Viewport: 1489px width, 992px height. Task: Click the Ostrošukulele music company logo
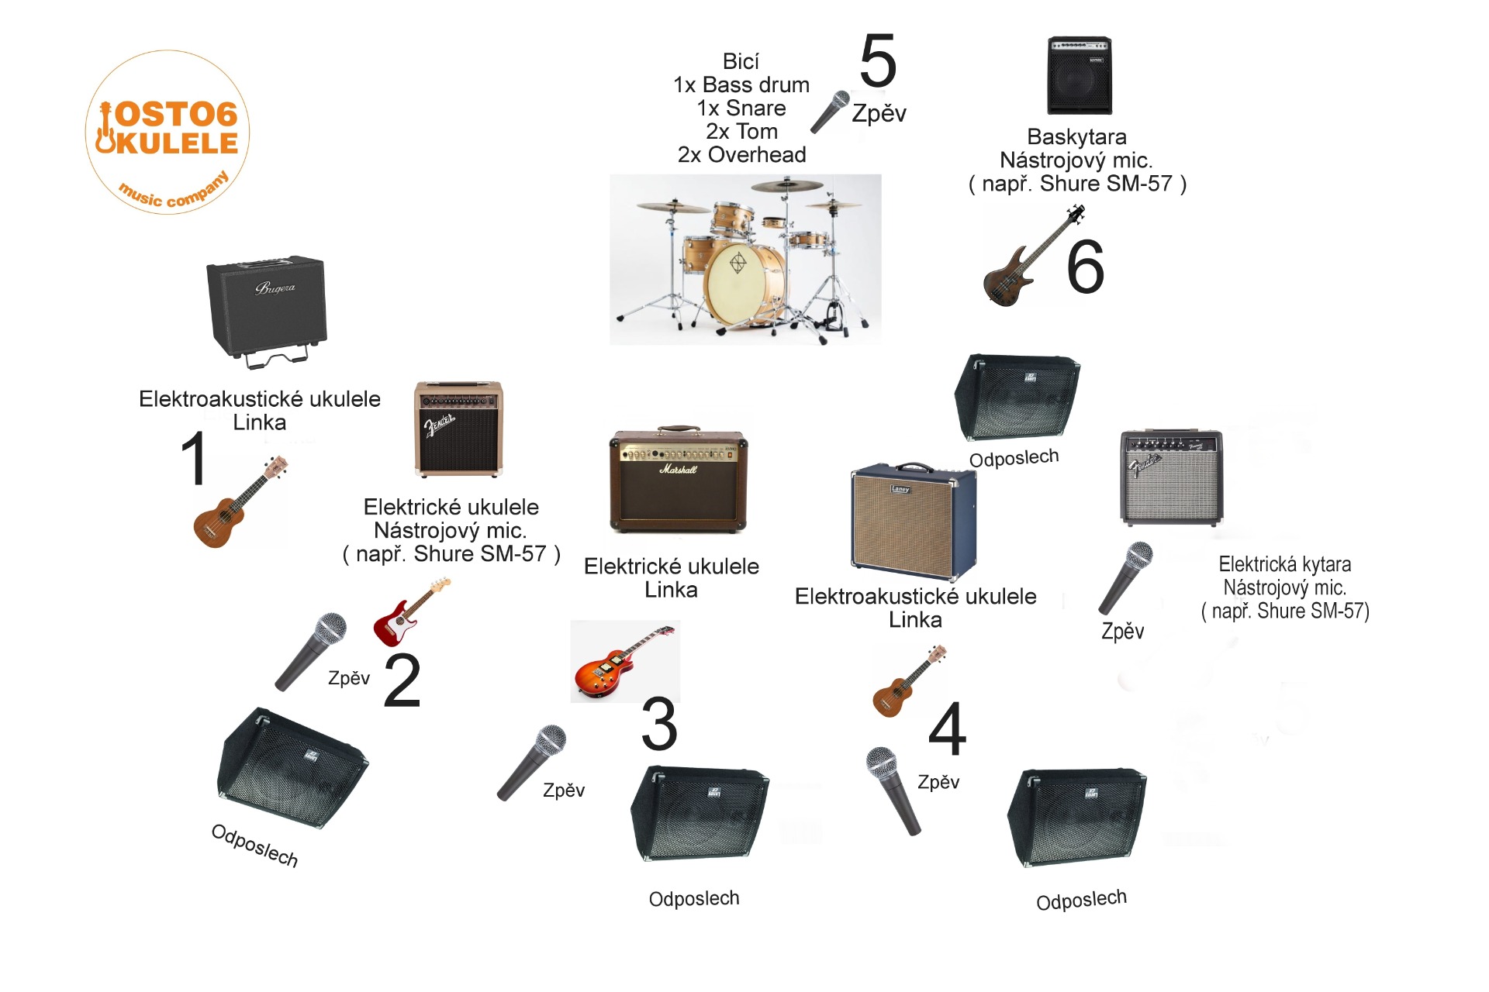click(167, 132)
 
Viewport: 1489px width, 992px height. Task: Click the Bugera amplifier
click(267, 310)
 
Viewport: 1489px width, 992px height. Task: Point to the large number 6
click(1085, 267)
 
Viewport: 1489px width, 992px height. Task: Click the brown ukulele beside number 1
click(240, 502)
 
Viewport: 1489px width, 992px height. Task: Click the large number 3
click(659, 724)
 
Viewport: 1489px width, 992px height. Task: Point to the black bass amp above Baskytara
click(1080, 75)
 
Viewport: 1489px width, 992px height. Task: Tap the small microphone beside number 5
click(830, 112)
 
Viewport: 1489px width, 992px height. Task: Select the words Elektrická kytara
click(1284, 565)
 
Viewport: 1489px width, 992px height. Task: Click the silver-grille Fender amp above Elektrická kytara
click(1171, 477)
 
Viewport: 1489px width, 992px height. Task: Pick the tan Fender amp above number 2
click(458, 429)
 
